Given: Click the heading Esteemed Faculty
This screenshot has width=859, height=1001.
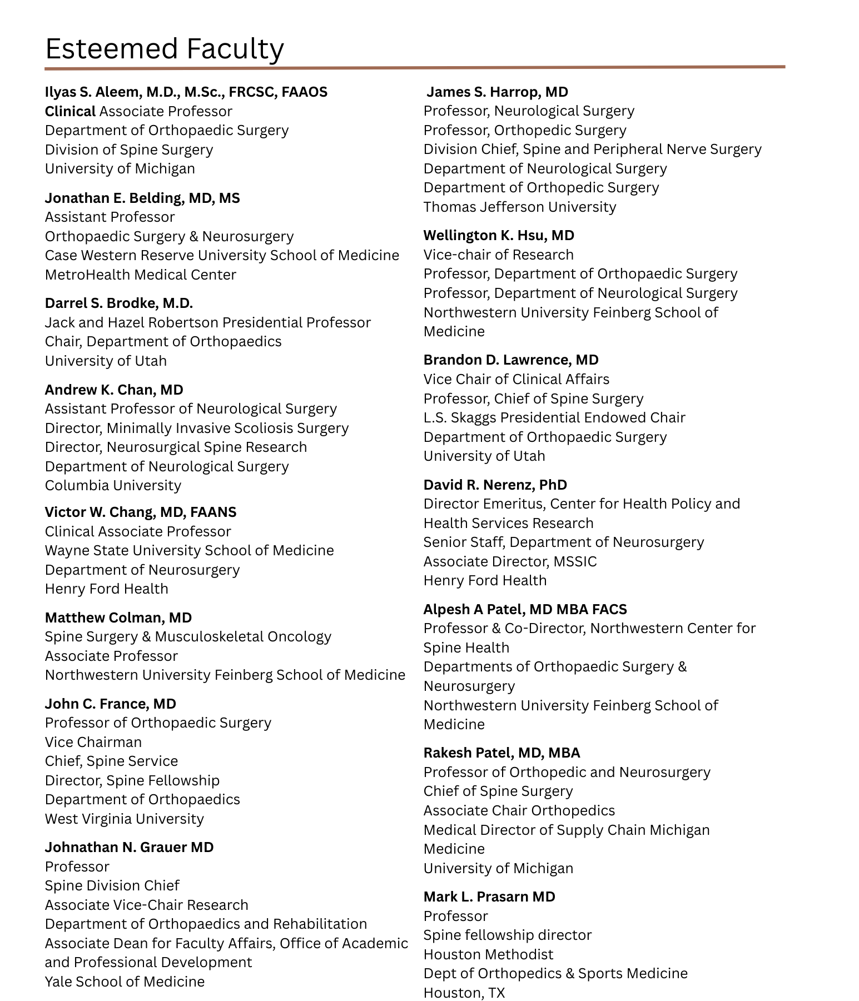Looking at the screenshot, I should [x=165, y=49].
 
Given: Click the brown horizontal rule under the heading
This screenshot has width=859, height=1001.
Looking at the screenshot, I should [x=415, y=67].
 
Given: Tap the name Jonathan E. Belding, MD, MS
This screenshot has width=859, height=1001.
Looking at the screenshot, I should [x=142, y=198].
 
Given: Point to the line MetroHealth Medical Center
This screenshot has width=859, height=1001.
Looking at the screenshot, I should [x=141, y=275].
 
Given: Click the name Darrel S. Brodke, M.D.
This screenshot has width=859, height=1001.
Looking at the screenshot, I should [x=119, y=303].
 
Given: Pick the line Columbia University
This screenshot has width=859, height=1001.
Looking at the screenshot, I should [x=113, y=485].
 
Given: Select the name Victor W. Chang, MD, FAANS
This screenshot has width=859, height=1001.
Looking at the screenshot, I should [x=141, y=512].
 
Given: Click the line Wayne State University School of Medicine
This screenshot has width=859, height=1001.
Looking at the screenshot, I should [x=189, y=550].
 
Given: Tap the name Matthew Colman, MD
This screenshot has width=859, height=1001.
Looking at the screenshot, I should [x=118, y=617].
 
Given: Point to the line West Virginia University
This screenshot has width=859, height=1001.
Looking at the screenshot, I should [x=125, y=819].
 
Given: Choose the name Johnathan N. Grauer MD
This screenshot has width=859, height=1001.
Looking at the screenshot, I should [x=129, y=847].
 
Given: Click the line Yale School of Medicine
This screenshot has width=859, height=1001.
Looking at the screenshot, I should [x=125, y=982].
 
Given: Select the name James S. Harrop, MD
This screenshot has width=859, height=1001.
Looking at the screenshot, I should [x=497, y=92].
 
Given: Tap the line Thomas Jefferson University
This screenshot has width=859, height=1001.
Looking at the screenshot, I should [x=520, y=207].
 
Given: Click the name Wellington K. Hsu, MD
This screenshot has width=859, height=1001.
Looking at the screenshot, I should [x=499, y=235].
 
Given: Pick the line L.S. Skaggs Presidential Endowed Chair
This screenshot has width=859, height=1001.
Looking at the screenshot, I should [x=554, y=417].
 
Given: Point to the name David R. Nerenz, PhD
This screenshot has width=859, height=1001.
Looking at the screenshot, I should [x=495, y=485].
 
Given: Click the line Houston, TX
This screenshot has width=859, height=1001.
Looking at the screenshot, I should [x=464, y=993].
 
